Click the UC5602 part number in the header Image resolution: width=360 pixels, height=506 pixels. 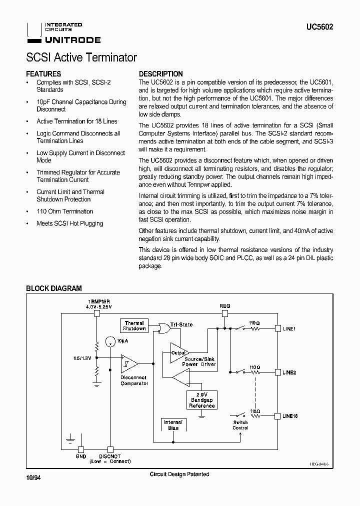coord(320,28)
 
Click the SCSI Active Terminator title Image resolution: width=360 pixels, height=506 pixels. coord(81,57)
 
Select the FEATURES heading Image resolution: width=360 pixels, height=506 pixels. coord(43,73)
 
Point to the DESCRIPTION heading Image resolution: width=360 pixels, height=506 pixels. coord(160,73)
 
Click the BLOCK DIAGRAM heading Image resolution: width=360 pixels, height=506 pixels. coord(53,288)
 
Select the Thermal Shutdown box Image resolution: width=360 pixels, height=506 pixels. coord(134,326)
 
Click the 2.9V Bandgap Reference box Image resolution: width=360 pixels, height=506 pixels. coord(201,400)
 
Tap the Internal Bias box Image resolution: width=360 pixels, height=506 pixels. coord(173,425)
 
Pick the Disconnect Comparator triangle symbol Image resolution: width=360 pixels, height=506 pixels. coord(129,364)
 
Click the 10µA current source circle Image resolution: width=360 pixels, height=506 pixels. coord(109,342)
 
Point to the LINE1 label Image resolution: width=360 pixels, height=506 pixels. coord(289,329)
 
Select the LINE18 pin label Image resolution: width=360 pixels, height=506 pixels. coord(290,416)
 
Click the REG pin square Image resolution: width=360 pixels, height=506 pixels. coord(225,313)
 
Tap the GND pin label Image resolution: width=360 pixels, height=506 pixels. coord(80,456)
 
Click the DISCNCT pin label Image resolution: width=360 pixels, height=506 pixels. coord(110,456)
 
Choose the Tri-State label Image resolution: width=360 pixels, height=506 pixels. coord(181,324)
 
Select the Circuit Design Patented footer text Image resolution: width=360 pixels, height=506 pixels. coord(179,474)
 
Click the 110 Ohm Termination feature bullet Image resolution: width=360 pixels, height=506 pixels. coord(64,211)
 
